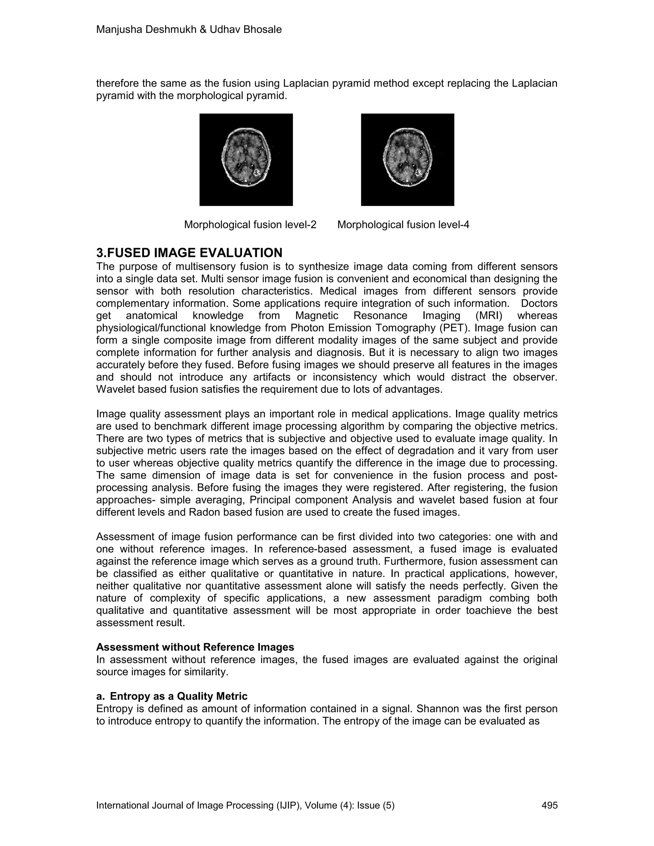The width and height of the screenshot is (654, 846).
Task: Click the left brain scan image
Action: pyautogui.click(x=246, y=160)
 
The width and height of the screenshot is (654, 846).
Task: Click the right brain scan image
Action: pyautogui.click(x=407, y=160)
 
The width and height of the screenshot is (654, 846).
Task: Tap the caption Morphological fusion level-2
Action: pyautogui.click(x=250, y=225)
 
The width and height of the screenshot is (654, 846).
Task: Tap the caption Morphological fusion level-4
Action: pyautogui.click(x=403, y=225)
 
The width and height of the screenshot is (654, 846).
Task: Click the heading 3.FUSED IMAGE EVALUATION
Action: pyautogui.click(x=189, y=253)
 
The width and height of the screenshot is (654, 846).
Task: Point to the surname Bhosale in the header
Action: pyautogui.click(x=262, y=29)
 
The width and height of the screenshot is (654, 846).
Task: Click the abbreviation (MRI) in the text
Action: pyautogui.click(x=488, y=316)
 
